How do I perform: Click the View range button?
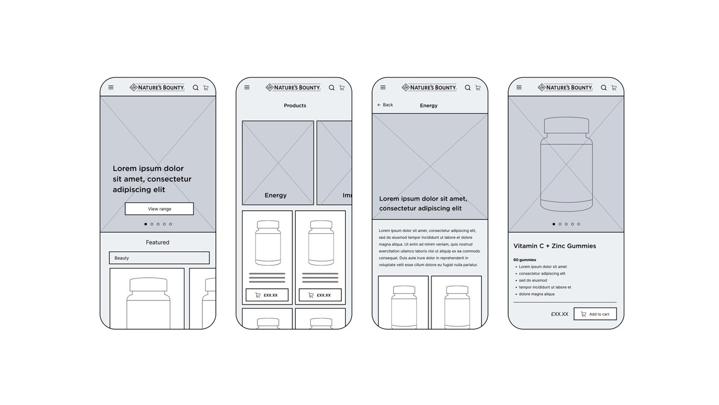click(159, 209)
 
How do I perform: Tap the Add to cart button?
click(595, 314)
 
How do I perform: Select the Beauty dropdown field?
click(159, 258)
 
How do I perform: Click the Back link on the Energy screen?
click(385, 105)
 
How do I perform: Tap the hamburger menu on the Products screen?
click(247, 87)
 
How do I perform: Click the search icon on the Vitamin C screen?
click(603, 88)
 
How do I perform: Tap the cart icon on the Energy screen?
click(478, 88)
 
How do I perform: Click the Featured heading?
click(157, 242)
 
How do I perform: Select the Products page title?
click(295, 106)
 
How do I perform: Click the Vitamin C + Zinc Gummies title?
click(555, 246)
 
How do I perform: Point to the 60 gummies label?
click(524, 260)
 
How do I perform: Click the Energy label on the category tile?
click(276, 195)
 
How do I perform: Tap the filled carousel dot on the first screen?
click(146, 224)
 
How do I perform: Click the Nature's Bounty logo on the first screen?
click(157, 87)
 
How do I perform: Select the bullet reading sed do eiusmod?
click(533, 280)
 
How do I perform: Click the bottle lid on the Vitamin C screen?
click(566, 125)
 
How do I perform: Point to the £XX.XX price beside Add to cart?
click(559, 314)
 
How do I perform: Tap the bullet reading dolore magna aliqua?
click(536, 294)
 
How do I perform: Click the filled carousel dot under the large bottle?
click(554, 224)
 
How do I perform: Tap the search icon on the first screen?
click(196, 88)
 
